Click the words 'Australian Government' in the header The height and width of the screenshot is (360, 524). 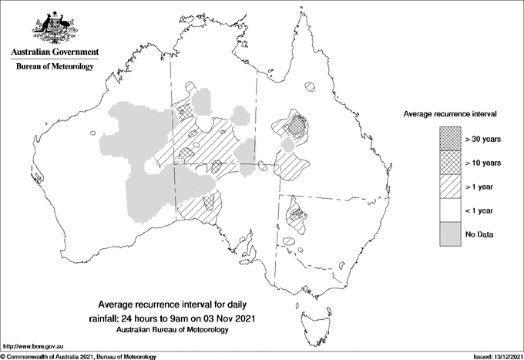[54, 52]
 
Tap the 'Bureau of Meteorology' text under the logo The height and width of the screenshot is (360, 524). [54, 67]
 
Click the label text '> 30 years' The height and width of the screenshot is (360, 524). [483, 140]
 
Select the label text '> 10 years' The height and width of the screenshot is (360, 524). [483, 163]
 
